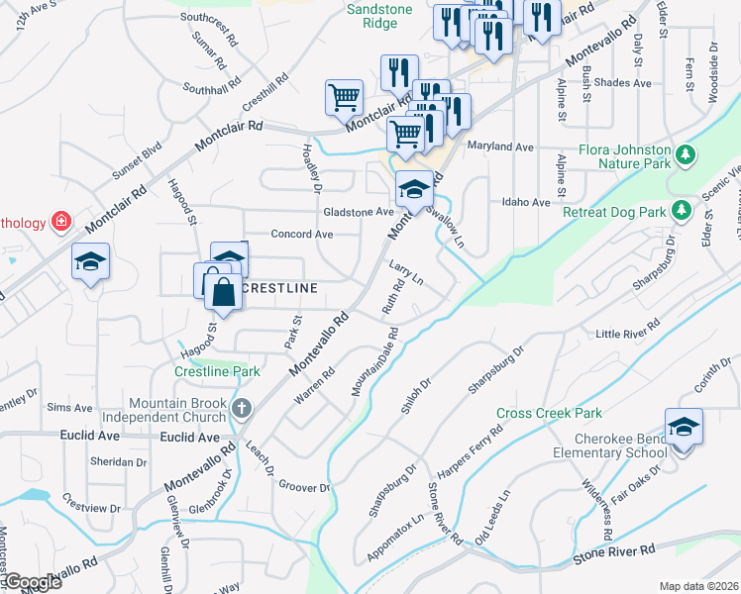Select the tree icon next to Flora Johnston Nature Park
click(684, 154)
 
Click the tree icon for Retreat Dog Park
click(680, 210)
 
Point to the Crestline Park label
click(217, 371)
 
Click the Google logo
click(33, 582)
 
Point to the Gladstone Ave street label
click(358, 212)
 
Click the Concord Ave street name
click(302, 235)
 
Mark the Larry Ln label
click(405, 273)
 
